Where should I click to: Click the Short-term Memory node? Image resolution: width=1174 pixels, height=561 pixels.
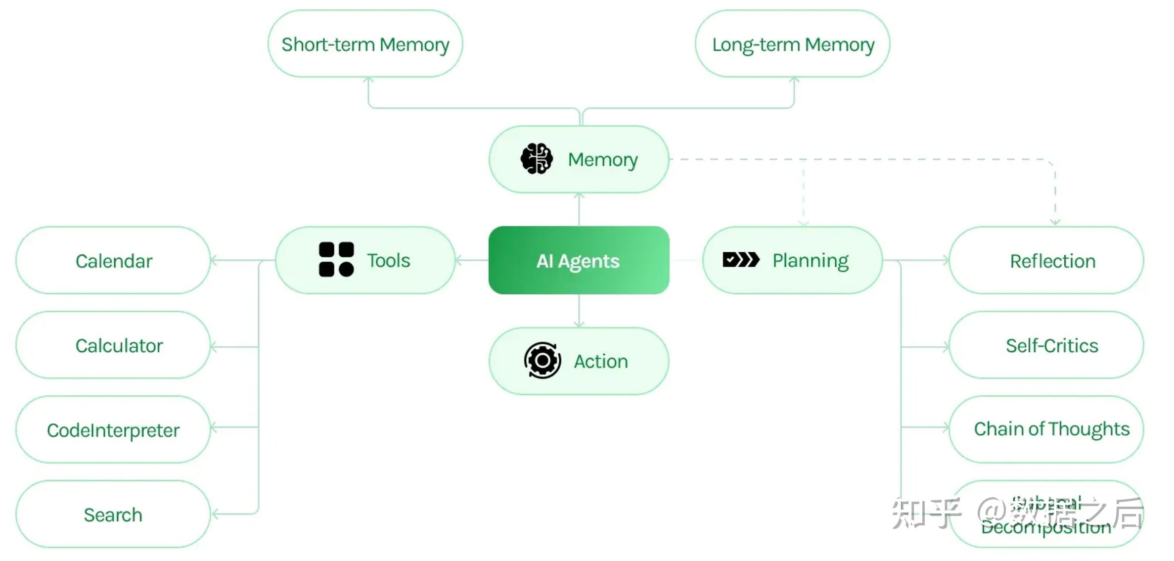click(x=365, y=44)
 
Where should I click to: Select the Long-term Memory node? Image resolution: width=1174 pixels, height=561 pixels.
click(x=792, y=44)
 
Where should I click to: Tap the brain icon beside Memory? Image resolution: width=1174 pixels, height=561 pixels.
click(x=537, y=159)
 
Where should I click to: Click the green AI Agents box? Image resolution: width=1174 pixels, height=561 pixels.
click(x=579, y=260)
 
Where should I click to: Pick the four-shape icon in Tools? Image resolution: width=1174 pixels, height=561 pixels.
click(x=336, y=259)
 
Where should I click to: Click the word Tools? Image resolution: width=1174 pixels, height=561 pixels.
click(x=388, y=260)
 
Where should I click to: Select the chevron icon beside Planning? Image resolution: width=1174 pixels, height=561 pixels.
click(x=740, y=259)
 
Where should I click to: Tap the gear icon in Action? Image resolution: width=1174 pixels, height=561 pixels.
click(x=542, y=360)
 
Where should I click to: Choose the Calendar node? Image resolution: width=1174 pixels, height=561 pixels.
click(x=113, y=261)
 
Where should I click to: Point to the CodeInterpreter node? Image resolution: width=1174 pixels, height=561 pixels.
click(x=113, y=430)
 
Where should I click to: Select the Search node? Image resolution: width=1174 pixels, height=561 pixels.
click(x=113, y=514)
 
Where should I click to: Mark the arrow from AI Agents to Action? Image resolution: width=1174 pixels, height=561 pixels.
click(x=579, y=312)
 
